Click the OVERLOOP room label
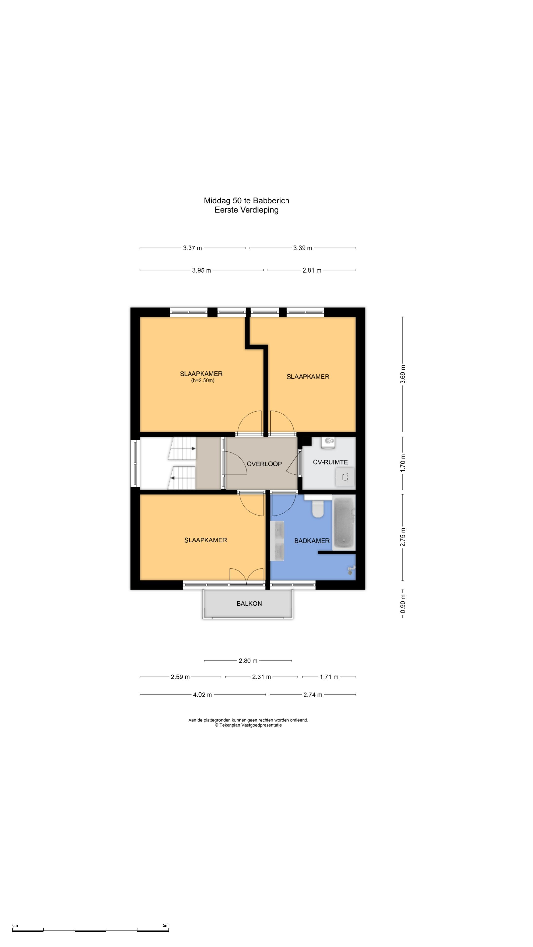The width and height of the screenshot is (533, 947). pos(264,464)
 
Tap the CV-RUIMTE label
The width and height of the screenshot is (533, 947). pos(330,462)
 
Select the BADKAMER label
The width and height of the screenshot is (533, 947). pos(312,541)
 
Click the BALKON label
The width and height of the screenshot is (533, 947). pos(249,604)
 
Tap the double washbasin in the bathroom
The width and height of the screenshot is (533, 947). pos(277,541)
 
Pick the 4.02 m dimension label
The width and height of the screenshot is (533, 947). pos(202,695)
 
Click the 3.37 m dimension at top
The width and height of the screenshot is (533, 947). pos(192,248)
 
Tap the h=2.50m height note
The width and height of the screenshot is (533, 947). pos(203,381)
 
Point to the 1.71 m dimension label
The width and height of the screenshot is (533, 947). pos(329,677)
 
